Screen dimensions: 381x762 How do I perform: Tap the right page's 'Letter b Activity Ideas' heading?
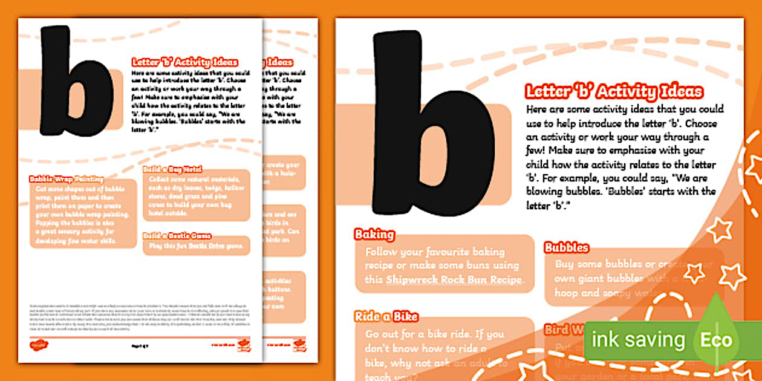[614, 92]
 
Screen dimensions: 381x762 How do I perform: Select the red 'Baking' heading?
[374, 235]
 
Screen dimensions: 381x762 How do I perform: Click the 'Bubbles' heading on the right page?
[567, 247]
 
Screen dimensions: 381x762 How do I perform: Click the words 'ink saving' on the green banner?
[637, 340]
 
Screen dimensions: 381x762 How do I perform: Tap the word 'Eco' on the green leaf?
[716, 340]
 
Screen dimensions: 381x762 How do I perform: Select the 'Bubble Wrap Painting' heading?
[67, 179]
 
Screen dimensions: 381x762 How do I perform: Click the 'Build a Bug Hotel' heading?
[172, 169]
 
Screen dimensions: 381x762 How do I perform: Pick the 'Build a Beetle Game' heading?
[177, 235]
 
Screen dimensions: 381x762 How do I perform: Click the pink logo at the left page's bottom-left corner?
[38, 345]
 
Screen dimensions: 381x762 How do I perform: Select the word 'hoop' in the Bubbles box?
[568, 293]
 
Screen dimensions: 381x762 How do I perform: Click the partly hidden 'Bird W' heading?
[564, 330]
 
